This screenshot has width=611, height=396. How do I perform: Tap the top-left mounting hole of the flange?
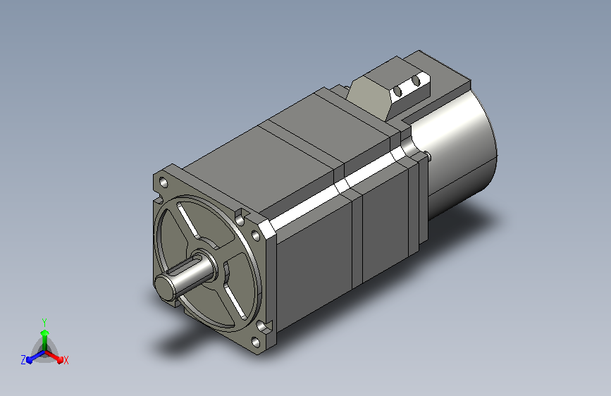click(163, 182)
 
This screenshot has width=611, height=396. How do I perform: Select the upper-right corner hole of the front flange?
click(256, 235)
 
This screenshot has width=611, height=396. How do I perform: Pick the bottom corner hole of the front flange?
click(256, 342)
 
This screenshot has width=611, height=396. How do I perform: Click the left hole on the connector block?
click(398, 92)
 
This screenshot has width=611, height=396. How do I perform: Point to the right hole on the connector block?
click(416, 81)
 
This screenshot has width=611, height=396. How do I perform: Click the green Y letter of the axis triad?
click(44, 322)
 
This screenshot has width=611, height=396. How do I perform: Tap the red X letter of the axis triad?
click(66, 360)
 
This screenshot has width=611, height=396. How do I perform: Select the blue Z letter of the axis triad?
click(23, 360)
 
